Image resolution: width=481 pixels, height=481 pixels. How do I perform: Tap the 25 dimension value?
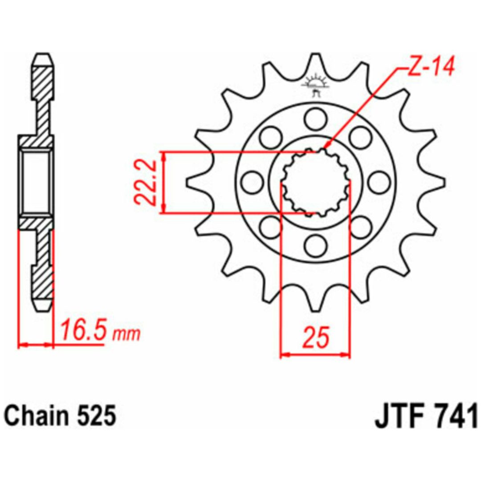(x=316, y=337)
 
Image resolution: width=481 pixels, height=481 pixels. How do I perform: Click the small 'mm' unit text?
(x=126, y=334)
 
